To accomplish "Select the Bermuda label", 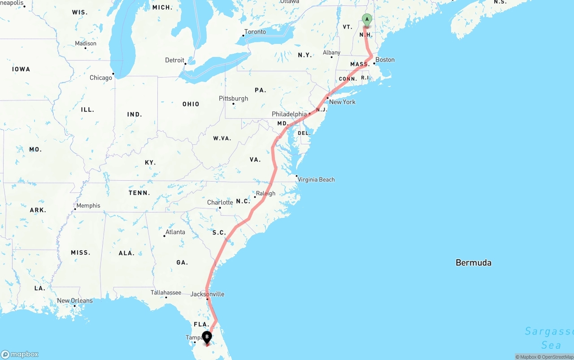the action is (473, 263).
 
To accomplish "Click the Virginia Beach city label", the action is (316, 180).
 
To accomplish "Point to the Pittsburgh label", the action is (233, 99).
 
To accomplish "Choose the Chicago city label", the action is (101, 78).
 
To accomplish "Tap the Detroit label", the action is (174, 61).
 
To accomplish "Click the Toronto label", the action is (255, 32).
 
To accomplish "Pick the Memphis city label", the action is (88, 206).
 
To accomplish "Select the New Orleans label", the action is (75, 301).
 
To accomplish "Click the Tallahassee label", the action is (166, 293).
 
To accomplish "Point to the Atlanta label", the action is (175, 232).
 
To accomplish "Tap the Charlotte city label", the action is (220, 203).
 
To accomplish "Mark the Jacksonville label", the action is (207, 295).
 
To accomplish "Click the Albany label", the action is (332, 53).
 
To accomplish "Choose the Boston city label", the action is (385, 60).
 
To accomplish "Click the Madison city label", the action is (86, 43).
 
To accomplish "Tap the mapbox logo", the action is (20, 354).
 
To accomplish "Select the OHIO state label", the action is (191, 104).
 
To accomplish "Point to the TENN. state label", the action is (139, 193).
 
